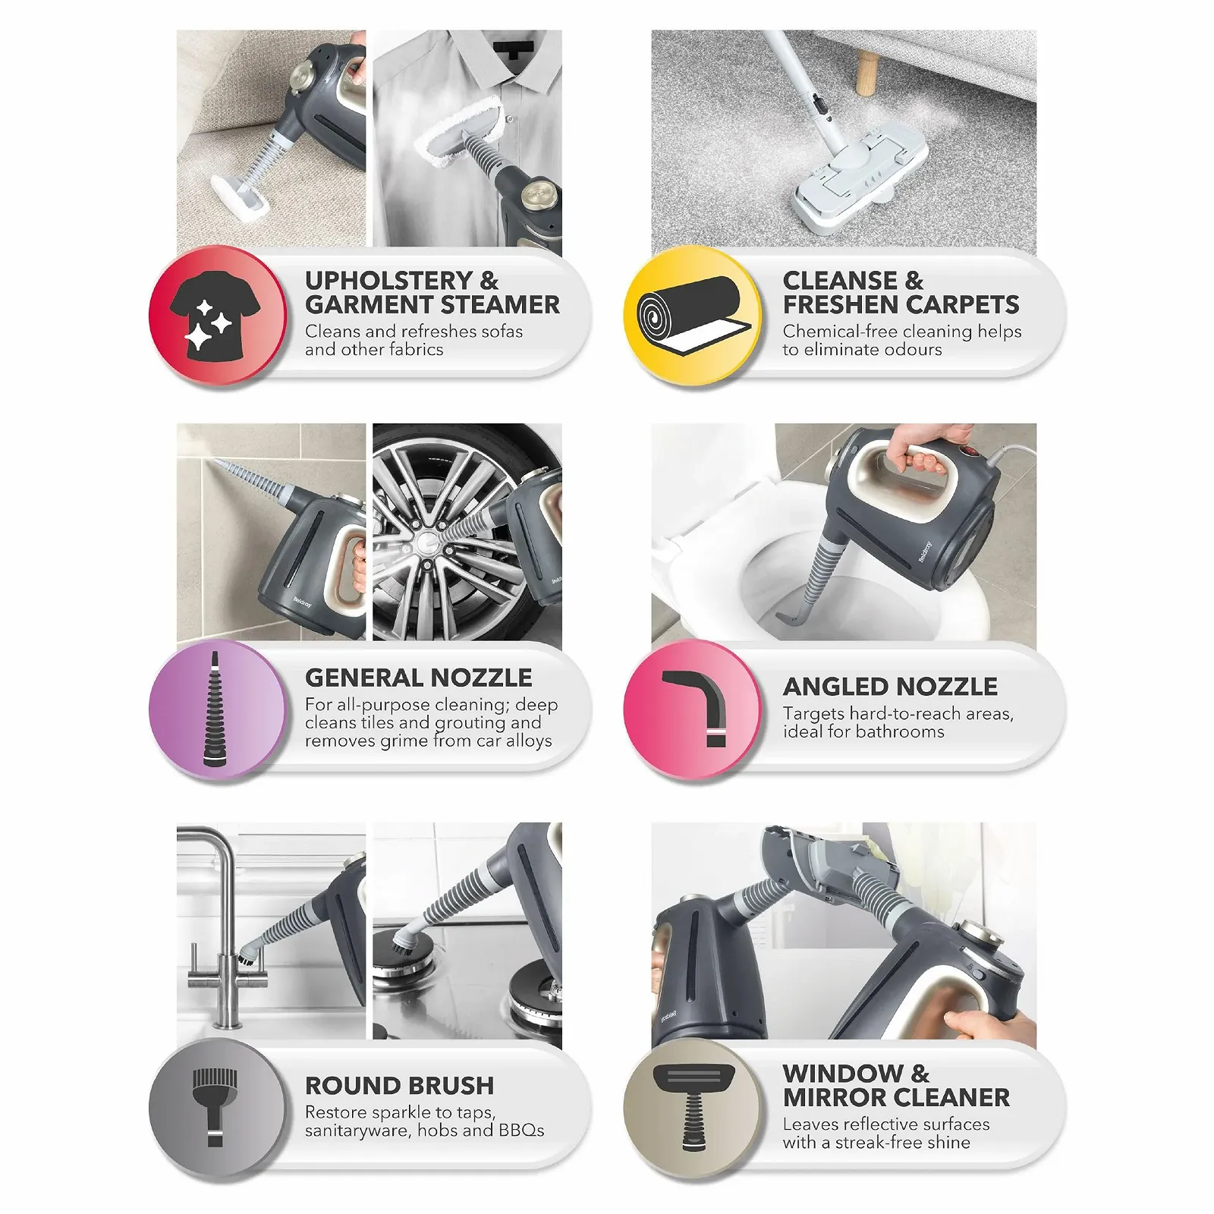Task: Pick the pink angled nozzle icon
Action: click(x=690, y=709)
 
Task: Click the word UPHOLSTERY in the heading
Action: click(x=388, y=281)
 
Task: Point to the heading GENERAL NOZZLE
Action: click(x=418, y=678)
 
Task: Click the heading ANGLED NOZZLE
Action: click(x=890, y=687)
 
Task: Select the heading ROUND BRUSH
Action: click(x=399, y=1086)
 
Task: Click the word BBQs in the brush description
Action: click(x=521, y=1131)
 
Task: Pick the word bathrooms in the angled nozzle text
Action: click(x=901, y=731)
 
